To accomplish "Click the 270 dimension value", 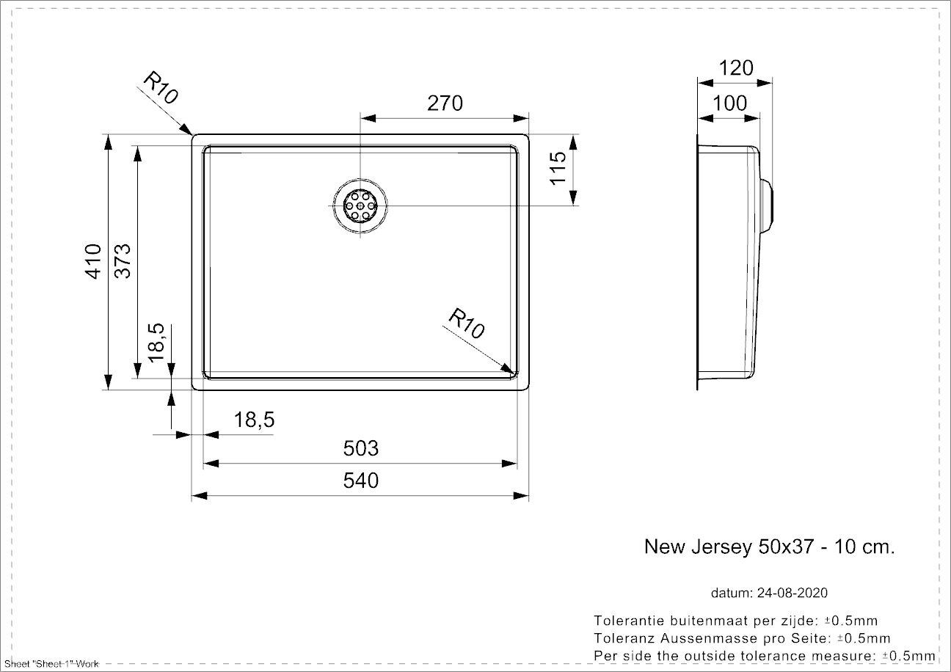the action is [445, 103].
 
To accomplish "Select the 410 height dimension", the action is [94, 261].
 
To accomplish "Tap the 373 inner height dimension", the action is [123, 261].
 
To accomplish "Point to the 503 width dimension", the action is [360, 448].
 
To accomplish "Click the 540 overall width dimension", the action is [360, 481].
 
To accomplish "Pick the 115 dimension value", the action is [558, 168].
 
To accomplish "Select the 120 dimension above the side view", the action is [736, 68].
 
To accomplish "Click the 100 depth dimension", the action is [729, 103].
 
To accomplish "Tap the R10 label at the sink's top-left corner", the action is [161, 88].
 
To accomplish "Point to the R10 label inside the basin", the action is [466, 324].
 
